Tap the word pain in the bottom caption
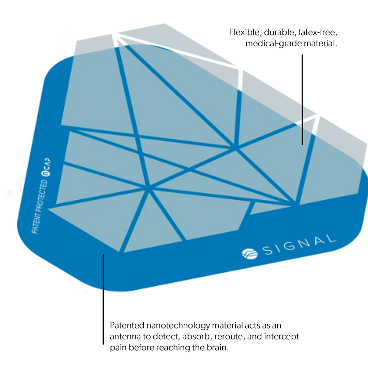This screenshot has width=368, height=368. (118, 348)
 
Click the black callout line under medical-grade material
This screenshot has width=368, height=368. (302, 99)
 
